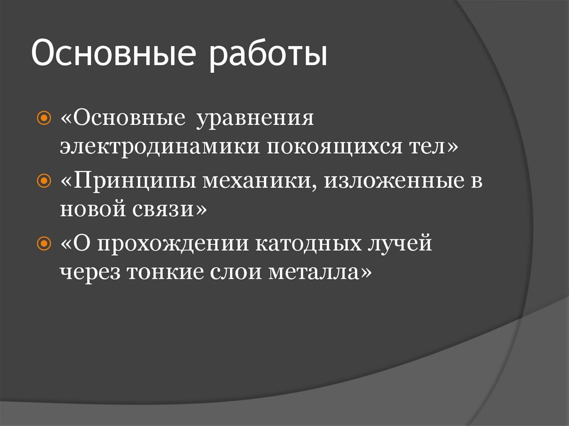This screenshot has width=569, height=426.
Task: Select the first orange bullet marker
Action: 45,119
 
